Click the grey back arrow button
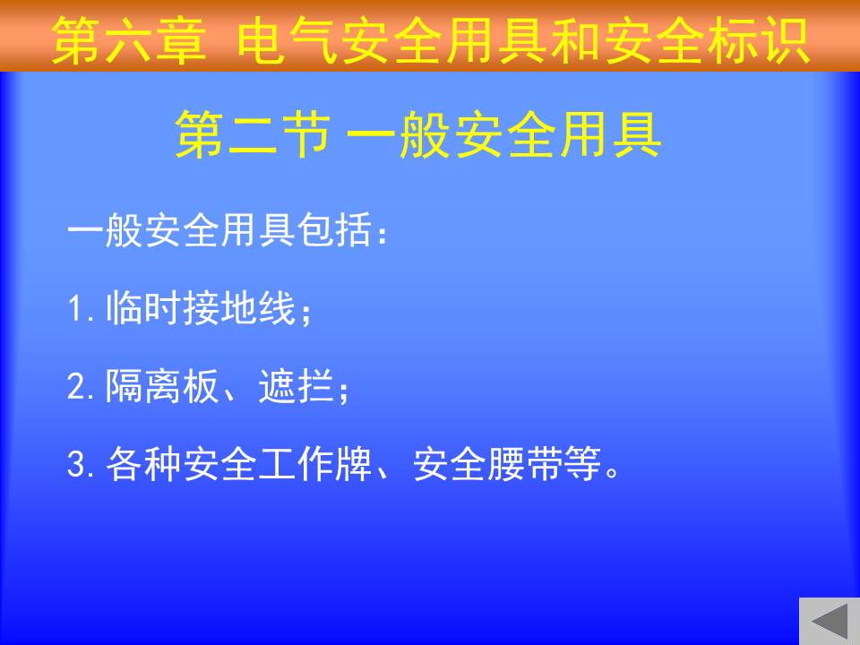[x=830, y=622]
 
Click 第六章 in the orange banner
[x=129, y=40]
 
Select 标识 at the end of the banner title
[x=759, y=40]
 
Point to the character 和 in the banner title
[x=576, y=40]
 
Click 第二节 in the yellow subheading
[x=254, y=134]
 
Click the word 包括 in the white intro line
[x=334, y=229]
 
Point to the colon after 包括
[x=383, y=233]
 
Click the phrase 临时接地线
[x=201, y=307]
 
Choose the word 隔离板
[x=162, y=385]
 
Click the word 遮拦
[x=297, y=385]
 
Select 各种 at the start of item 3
[x=143, y=463]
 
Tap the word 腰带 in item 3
[x=526, y=463]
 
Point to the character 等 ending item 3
[x=582, y=463]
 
